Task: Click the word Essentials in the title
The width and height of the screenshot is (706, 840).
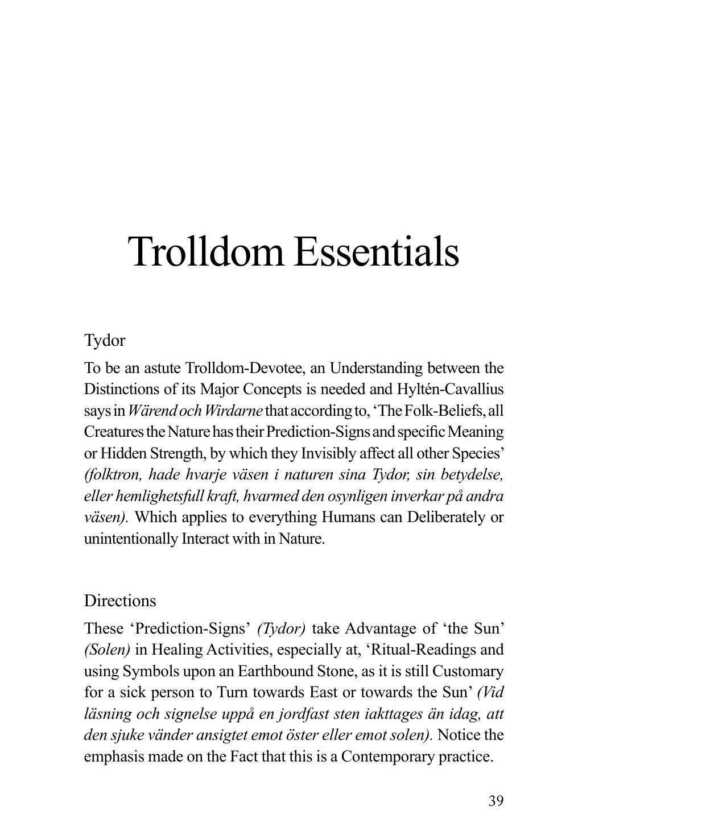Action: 376,251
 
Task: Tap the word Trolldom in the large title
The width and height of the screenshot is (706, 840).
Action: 206,251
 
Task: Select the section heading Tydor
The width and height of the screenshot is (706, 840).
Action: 105,341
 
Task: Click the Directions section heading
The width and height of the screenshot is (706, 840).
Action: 120,601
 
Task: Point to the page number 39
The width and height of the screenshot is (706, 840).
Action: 496,801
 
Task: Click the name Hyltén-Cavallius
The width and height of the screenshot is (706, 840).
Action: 451,390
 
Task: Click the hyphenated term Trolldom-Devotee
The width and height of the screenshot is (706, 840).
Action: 244,369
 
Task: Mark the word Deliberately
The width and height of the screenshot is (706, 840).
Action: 447,518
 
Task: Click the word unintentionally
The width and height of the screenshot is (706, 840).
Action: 131,539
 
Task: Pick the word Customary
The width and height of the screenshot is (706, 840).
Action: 468,672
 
